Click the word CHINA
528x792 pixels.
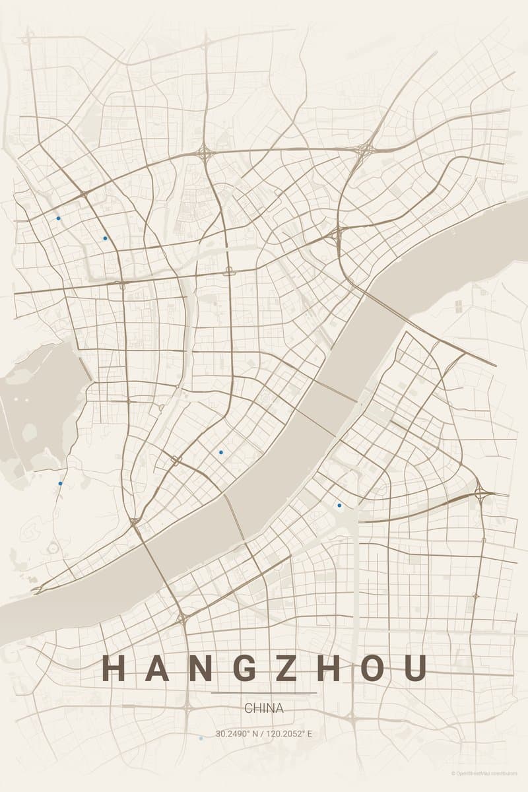264,708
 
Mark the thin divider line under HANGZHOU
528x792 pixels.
264,693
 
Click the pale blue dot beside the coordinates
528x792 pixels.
201,739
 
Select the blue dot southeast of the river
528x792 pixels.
339,506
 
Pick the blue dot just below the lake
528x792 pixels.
60,483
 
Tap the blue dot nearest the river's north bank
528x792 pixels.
220,452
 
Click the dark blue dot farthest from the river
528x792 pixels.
58,218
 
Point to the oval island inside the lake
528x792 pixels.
30,432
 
